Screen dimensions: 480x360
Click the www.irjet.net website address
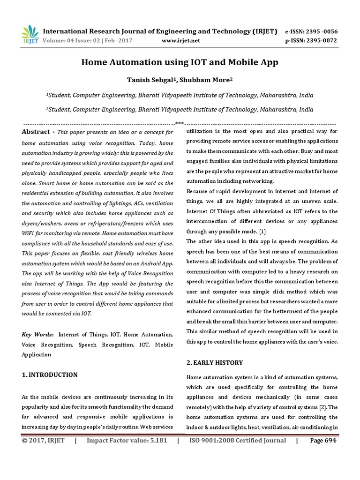pos(180,40)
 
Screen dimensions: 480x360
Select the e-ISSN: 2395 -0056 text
pos(311,31)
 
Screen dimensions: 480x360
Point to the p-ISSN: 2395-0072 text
pos(311,40)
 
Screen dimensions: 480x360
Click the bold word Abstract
pos(35,132)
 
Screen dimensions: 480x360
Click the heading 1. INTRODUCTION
pos(50,375)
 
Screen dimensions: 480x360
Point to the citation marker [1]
pos(262,231)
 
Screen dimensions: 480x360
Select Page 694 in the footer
pos(323,440)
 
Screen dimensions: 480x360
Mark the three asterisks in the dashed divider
pos(179,123)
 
